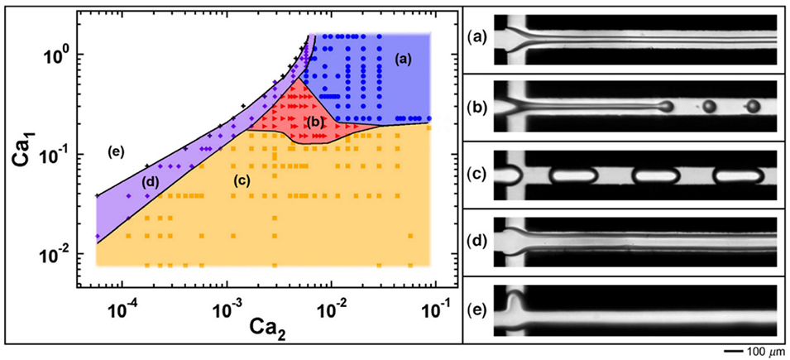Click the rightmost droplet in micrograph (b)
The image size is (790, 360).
pos(752,106)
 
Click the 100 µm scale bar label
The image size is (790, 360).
pos(762,351)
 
